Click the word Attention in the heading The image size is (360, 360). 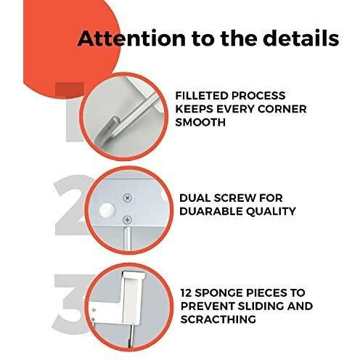pos(131,38)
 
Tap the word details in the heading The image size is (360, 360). pos(300,38)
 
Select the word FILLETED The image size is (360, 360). pos(201,96)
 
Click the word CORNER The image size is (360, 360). pos(282,109)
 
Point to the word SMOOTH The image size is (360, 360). pos(200,122)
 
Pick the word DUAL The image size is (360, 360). pos(195,198)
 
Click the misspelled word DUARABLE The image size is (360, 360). pos(210,211)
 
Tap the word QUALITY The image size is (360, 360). pos(271,211)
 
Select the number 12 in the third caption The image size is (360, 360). pos(186,292)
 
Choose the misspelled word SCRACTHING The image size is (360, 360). pos(218,319)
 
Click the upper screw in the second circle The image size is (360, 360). pos(128,197)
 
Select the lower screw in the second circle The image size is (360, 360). pos(127,220)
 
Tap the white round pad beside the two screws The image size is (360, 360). pos(107,210)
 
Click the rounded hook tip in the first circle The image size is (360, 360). pos(116,121)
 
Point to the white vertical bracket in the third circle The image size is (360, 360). pos(131,298)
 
